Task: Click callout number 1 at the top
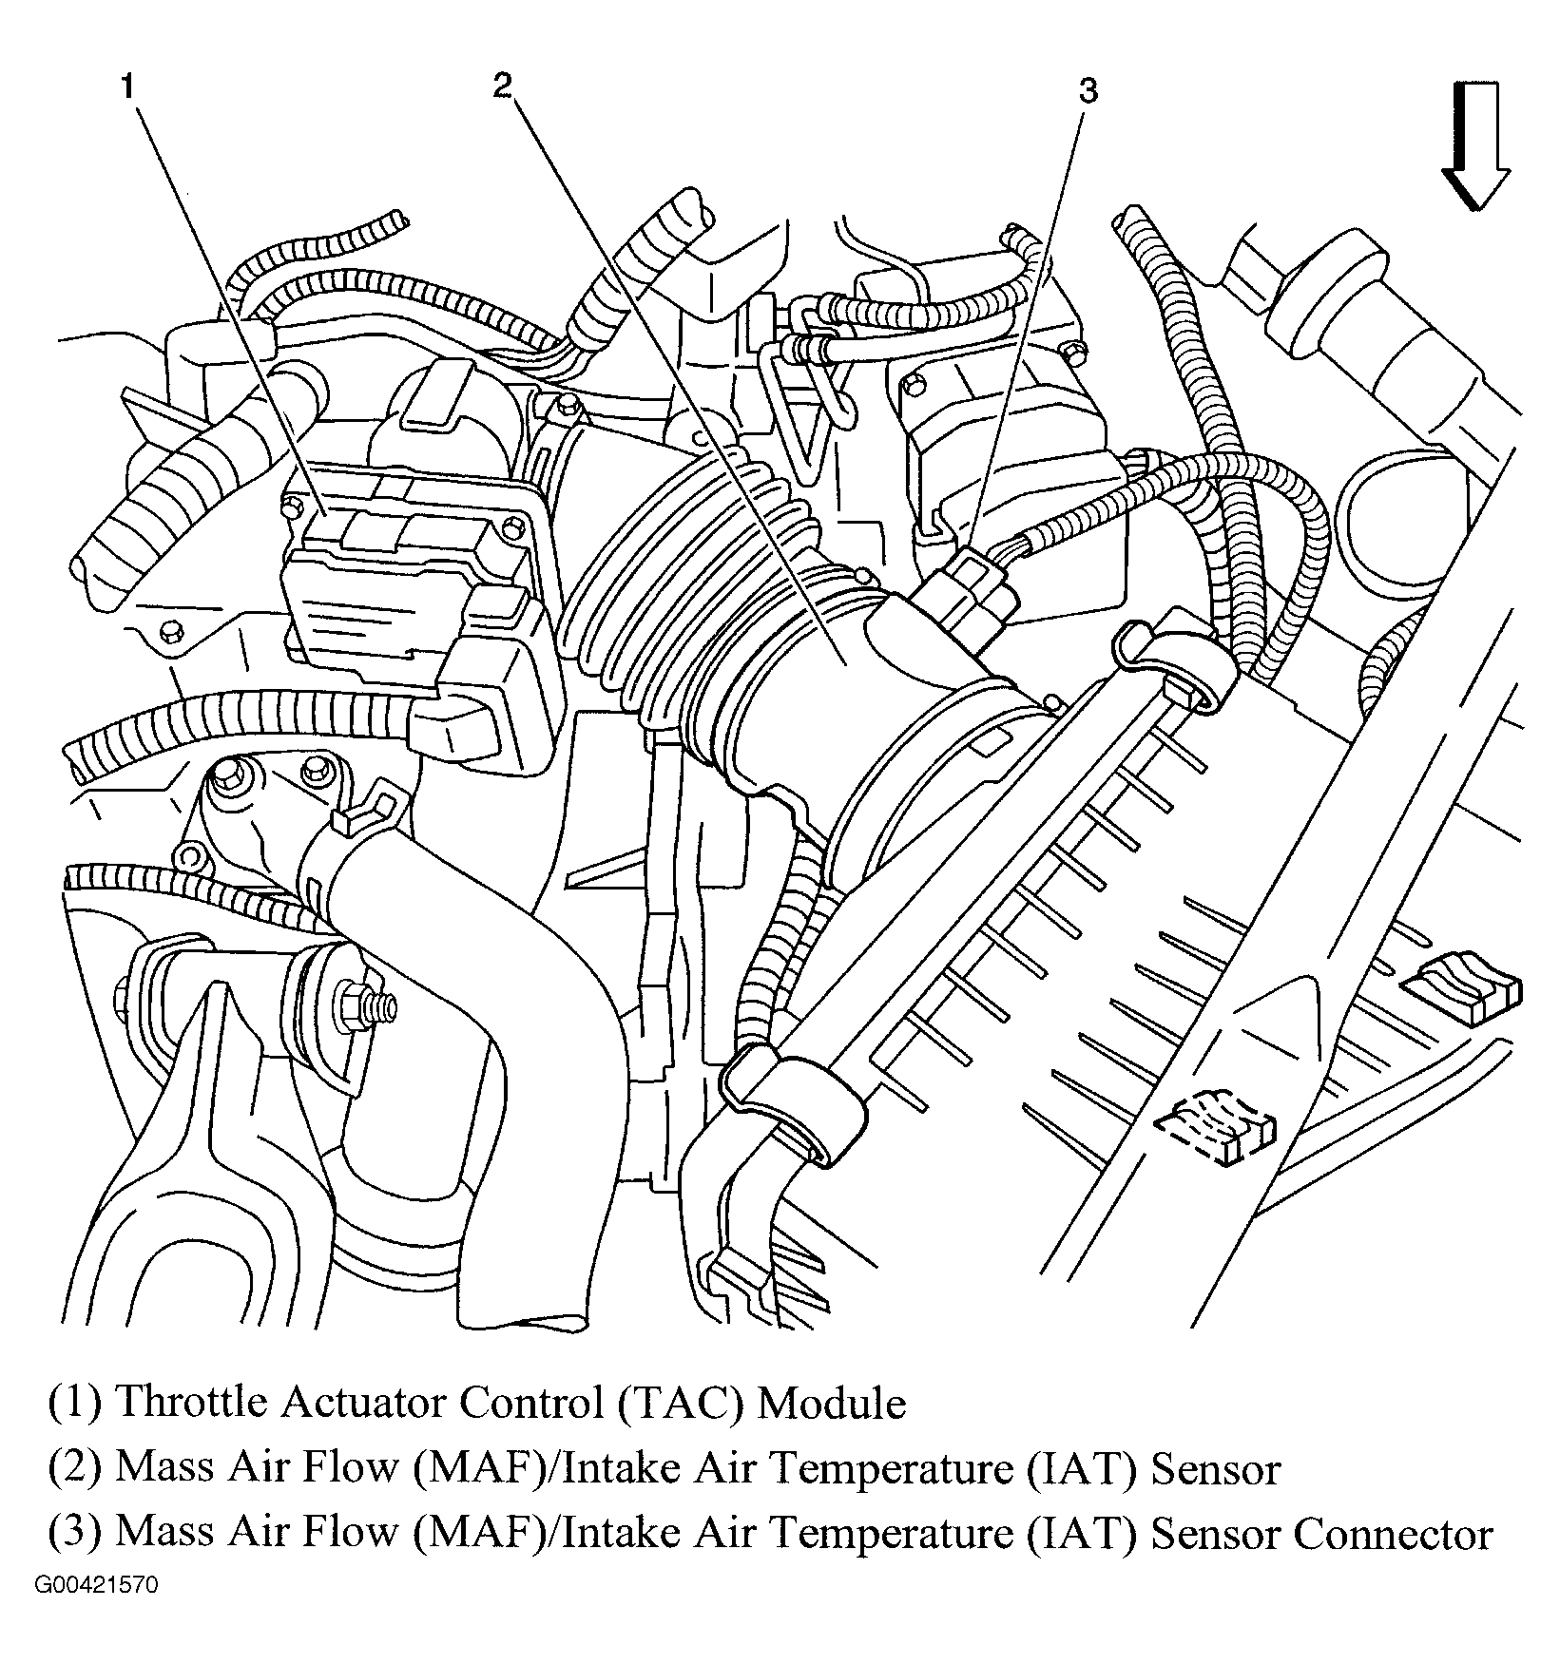click(x=126, y=87)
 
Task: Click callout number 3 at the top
click(x=1088, y=92)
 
